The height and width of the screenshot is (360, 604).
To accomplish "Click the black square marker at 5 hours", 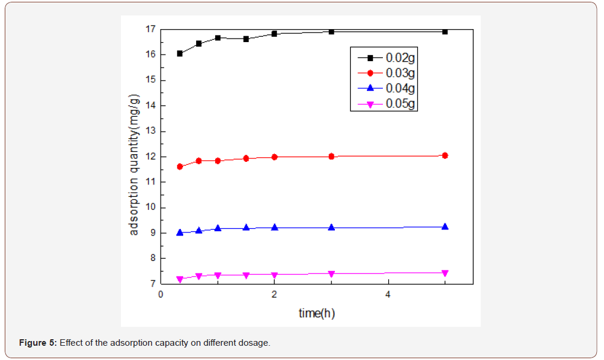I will pos(445,31).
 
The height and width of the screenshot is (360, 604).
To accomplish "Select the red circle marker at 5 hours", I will pos(445,155).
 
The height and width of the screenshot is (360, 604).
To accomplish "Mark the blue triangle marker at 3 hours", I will pos(331,227).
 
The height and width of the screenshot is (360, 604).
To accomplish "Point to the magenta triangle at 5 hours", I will pos(445,273).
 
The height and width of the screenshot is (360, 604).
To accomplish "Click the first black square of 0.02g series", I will pos(180,53).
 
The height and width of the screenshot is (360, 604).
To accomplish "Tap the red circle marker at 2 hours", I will pos(274,157).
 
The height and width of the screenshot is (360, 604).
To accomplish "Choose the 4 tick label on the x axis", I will pos(388,295).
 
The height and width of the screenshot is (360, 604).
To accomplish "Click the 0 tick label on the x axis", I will pos(161,295).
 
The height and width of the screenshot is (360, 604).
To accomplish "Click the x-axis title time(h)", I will pos(317,313).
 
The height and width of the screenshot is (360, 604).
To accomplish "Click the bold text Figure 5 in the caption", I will pos(38,343).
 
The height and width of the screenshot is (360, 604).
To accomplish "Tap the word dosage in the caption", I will pos(256,343).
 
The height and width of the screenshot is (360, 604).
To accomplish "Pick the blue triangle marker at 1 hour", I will pos(218,228).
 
